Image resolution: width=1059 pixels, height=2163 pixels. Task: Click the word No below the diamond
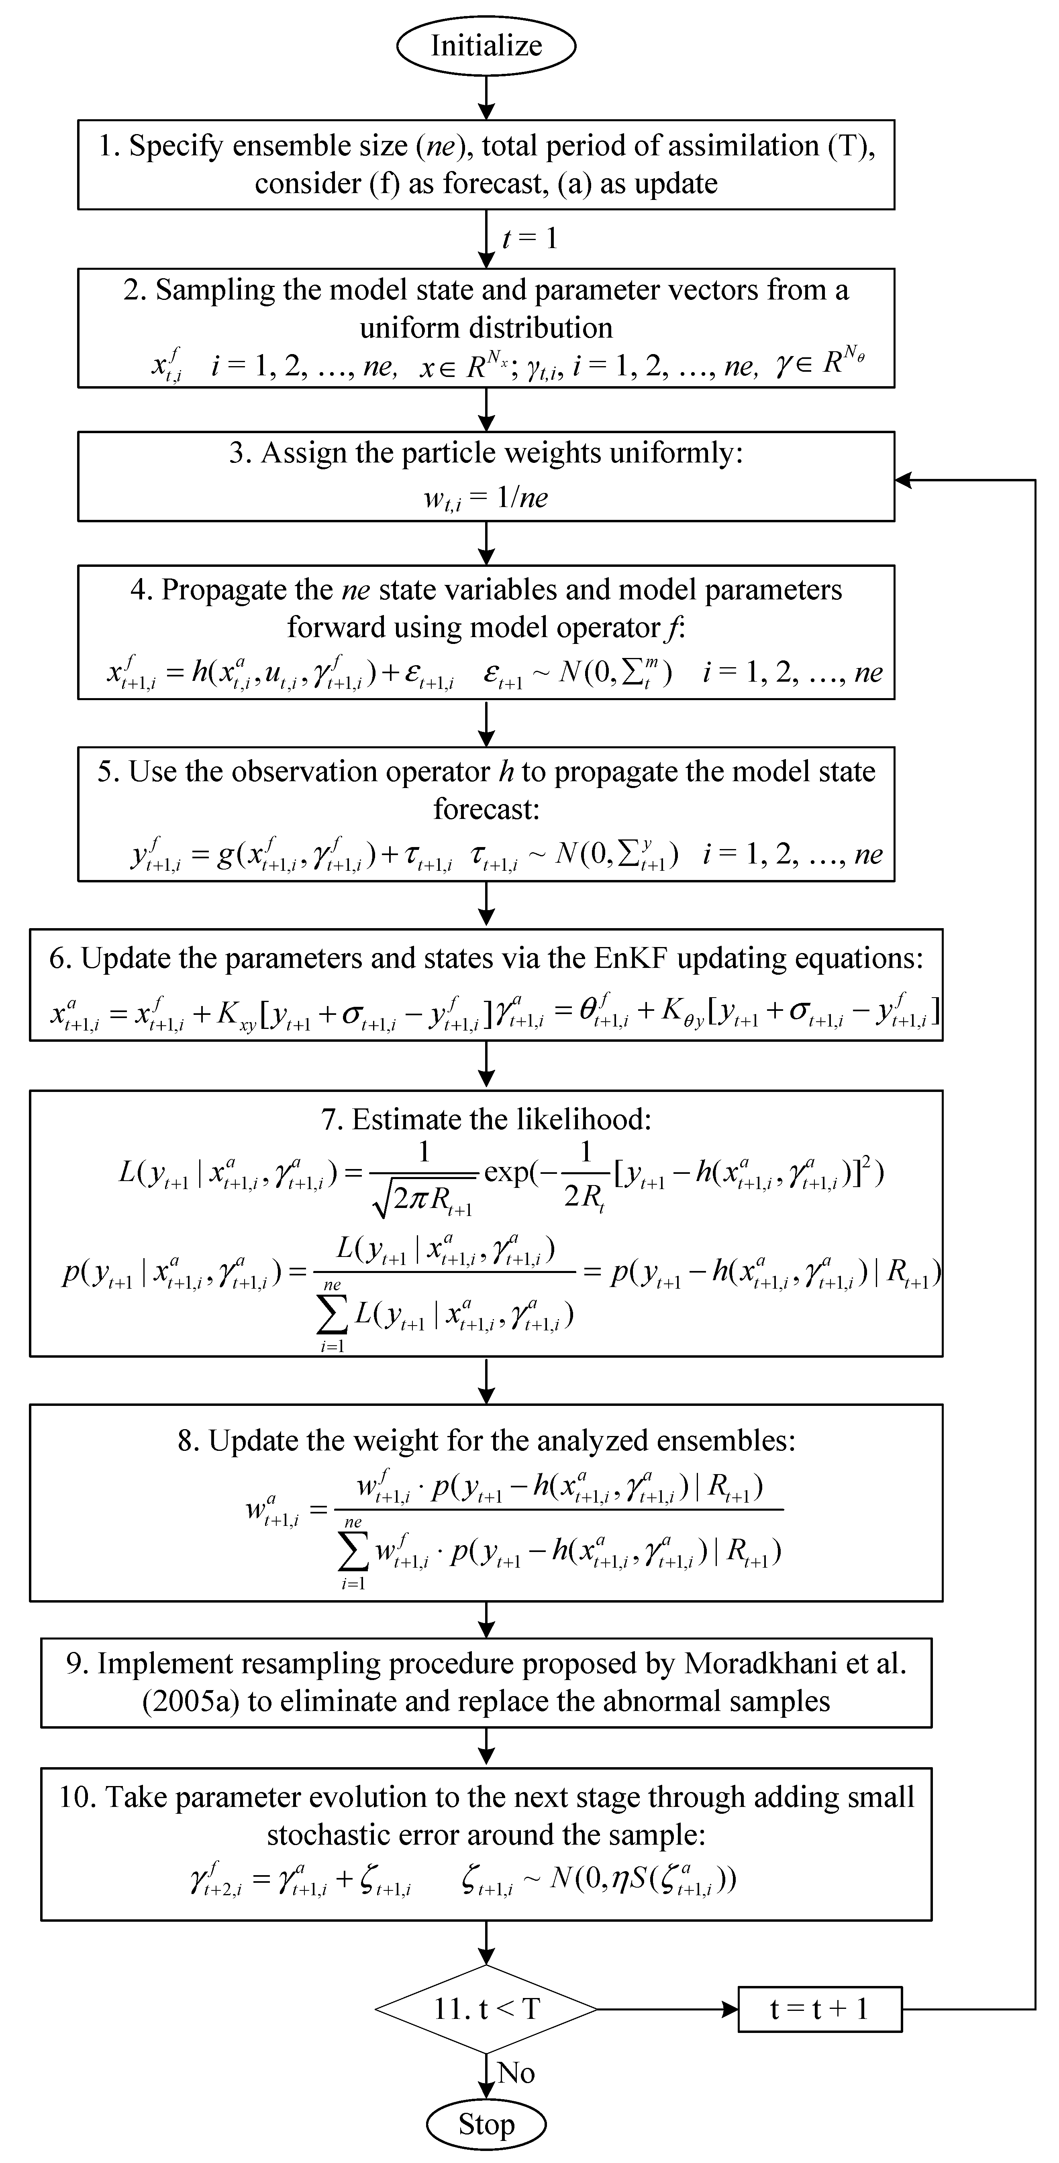[516, 2072]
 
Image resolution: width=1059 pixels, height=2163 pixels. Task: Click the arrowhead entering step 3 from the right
[903, 480]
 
